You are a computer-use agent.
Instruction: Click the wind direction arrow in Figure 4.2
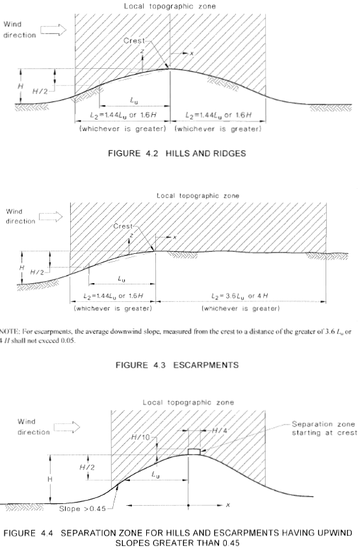(53, 30)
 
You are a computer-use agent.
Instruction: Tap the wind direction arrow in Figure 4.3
(51, 217)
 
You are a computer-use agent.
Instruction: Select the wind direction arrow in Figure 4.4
(67, 427)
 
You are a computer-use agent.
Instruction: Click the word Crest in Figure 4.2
(134, 40)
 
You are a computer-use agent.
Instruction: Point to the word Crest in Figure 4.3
(123, 226)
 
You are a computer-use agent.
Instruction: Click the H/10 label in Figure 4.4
(140, 437)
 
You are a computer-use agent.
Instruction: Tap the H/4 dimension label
(220, 430)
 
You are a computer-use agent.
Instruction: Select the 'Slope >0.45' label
(83, 509)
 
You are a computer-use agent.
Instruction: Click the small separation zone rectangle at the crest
(194, 451)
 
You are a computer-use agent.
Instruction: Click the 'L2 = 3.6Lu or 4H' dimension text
(240, 296)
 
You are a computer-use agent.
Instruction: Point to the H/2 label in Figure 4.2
(40, 92)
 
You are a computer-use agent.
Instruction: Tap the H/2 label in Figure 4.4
(87, 467)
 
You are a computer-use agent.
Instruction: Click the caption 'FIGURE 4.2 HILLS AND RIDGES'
(177, 153)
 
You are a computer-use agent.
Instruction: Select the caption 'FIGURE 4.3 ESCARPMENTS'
(177, 365)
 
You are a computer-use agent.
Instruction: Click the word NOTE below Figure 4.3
(8, 332)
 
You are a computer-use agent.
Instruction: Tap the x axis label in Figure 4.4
(228, 505)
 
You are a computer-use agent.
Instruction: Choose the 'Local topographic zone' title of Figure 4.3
(198, 195)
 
